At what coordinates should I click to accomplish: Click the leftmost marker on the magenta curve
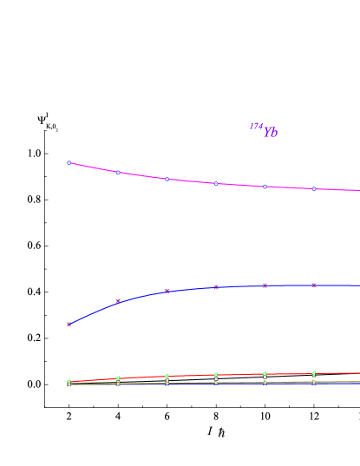(x=69, y=162)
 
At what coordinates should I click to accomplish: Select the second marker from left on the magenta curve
(x=118, y=172)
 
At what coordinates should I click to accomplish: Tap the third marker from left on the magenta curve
(x=167, y=179)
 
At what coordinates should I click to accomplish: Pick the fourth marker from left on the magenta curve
(x=216, y=183)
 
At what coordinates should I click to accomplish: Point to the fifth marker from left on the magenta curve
(x=265, y=186)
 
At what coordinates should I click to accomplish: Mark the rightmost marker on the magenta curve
(x=314, y=188)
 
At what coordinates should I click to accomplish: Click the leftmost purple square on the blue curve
(x=69, y=325)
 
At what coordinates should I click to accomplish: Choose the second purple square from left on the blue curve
(x=118, y=301)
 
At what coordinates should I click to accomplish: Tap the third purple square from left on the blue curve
(x=167, y=291)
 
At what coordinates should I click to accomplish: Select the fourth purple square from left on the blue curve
(x=216, y=286)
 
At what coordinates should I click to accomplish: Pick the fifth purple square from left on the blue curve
(x=265, y=286)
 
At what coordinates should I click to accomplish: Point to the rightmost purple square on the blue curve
(x=314, y=285)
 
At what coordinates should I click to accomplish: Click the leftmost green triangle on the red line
(x=69, y=382)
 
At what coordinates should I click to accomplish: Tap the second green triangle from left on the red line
(x=118, y=378)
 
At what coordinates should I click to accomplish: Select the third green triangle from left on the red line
(x=167, y=376)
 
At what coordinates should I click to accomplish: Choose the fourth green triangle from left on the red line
(x=216, y=375)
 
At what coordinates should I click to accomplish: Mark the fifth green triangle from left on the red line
(x=265, y=374)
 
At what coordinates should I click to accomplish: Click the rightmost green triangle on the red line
(x=314, y=373)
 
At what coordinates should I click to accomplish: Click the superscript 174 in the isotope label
(x=256, y=127)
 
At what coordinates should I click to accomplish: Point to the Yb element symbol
(x=271, y=133)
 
